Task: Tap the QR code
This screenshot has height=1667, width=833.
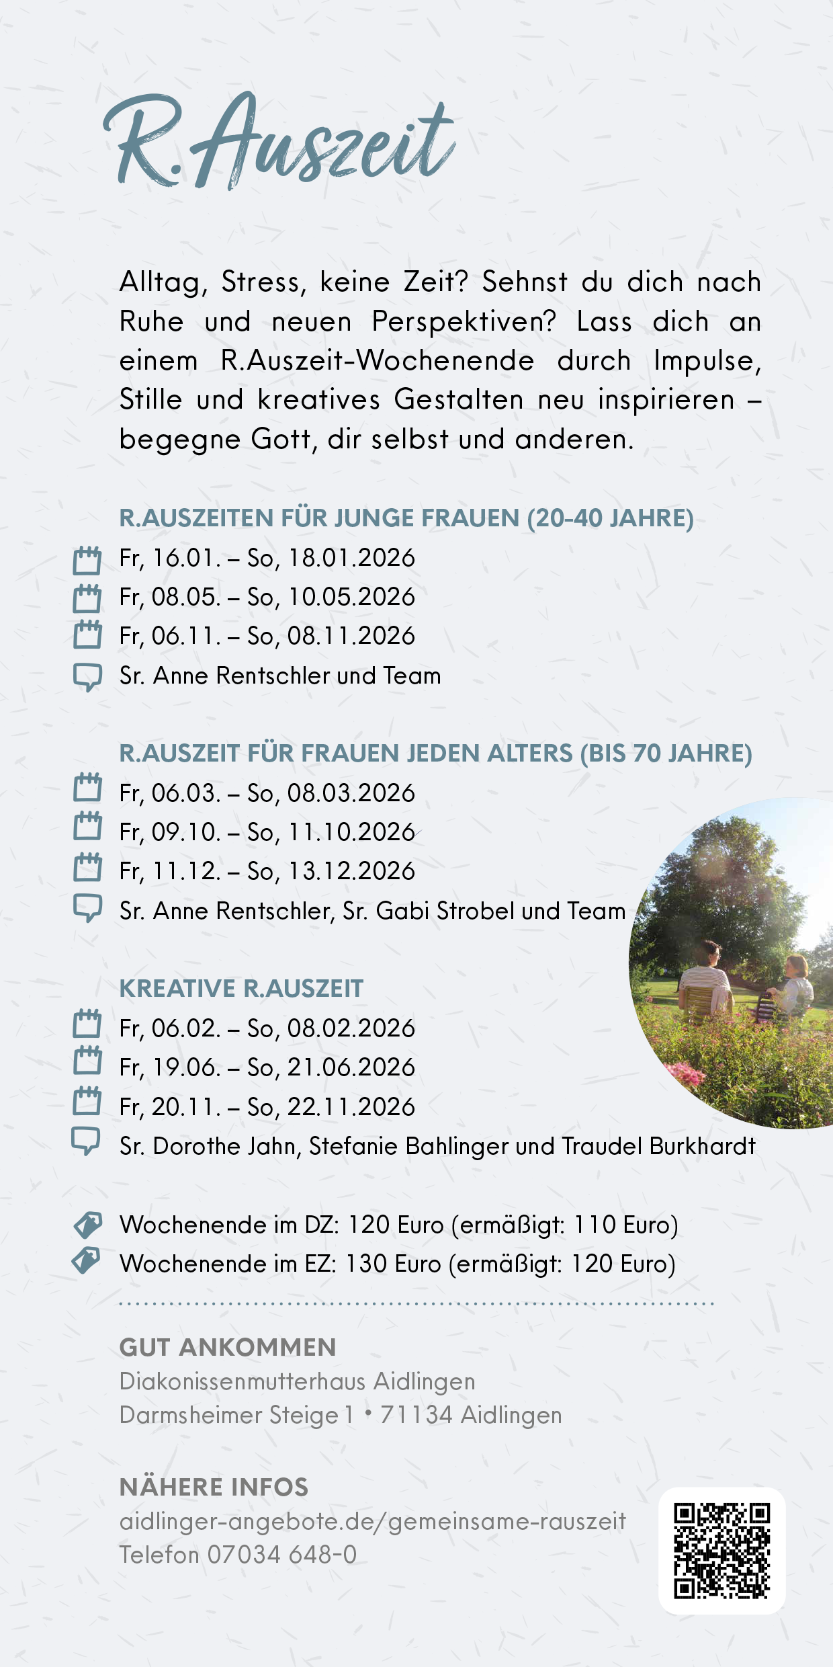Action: point(721,1550)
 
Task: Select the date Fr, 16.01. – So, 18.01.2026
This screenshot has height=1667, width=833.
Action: point(267,559)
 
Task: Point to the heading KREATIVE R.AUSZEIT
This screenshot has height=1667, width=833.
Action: point(241,989)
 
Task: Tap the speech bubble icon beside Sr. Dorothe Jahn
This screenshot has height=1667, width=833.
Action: point(86,1141)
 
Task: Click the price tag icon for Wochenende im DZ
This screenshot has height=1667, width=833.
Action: point(87,1225)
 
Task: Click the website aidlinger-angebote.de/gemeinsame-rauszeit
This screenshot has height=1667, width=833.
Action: point(372,1522)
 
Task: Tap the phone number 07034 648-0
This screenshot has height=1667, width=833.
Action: point(281,1555)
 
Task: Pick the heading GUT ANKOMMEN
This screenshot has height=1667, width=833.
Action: point(228,1348)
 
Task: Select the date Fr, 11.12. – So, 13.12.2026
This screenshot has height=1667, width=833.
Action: point(267,872)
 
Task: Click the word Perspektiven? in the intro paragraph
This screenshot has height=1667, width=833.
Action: point(464,322)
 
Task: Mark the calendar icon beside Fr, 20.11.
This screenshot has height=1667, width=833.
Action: point(87,1101)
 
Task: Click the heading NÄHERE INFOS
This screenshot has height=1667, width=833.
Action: point(214,1488)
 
